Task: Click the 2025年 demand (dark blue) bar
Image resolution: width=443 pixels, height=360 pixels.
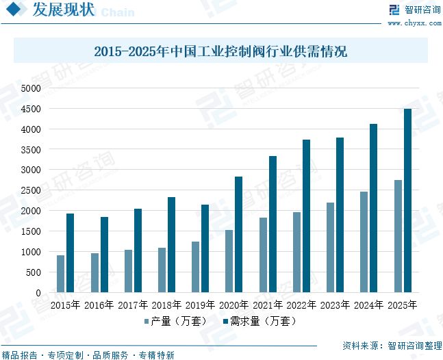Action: [x=407, y=201]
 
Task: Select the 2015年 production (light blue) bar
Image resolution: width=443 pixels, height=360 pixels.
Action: [x=61, y=274]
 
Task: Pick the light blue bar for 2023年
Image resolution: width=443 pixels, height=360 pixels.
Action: [x=331, y=247]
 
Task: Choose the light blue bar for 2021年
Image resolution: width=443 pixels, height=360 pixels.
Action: [x=264, y=255]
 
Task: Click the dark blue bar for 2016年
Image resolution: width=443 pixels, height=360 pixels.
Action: [x=104, y=255]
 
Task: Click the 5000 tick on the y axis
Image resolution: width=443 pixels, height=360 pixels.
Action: [x=31, y=88]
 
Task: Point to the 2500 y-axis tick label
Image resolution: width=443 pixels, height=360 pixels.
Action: [x=31, y=190]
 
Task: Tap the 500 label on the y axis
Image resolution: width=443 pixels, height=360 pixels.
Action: [x=34, y=272]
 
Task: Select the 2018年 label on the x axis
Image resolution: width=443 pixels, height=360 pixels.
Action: [x=166, y=305]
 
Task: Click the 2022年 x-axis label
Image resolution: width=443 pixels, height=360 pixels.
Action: [x=301, y=305]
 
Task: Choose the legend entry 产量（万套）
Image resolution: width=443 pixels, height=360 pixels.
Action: [x=174, y=320]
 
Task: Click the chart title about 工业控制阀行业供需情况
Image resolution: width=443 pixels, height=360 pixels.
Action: [x=220, y=51]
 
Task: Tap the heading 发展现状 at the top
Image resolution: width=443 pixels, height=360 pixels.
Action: [x=62, y=11]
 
